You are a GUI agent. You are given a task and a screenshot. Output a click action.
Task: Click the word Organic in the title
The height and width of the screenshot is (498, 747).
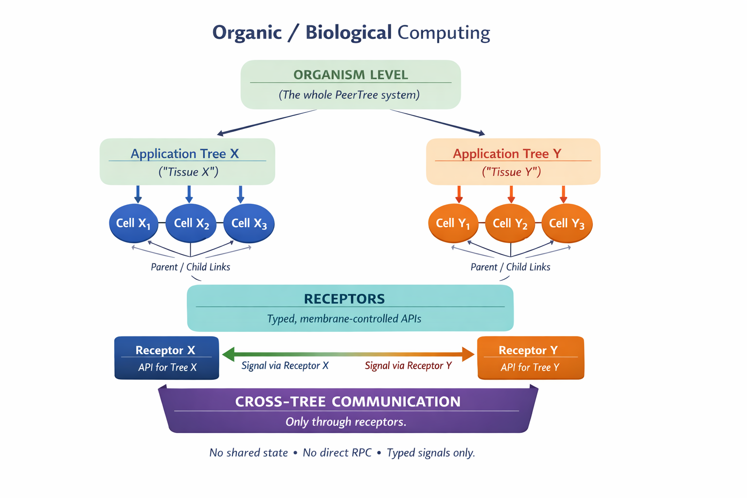pos(247,33)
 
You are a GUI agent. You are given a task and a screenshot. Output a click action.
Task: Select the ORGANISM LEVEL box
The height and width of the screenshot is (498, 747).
pos(350,84)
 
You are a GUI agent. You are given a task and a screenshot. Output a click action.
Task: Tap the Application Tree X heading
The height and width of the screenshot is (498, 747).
pos(185,154)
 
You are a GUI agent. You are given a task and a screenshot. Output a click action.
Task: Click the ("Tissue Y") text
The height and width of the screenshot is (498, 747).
pos(511,172)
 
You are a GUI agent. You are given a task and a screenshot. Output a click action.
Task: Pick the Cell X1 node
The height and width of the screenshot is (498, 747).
pos(133,223)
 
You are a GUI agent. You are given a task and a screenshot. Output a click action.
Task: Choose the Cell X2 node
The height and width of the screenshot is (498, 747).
pos(191,223)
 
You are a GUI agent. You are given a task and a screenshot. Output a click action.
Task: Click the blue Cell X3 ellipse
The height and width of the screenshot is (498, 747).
pos(249,223)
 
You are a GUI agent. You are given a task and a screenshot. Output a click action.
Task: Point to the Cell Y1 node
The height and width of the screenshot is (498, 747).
pos(453,223)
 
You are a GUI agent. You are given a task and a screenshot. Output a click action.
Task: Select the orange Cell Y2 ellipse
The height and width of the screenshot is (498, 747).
pos(510,223)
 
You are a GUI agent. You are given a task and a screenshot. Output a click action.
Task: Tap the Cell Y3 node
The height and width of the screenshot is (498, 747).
pos(567,223)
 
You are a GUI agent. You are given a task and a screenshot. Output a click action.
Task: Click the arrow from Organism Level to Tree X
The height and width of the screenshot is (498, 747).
pos(267,122)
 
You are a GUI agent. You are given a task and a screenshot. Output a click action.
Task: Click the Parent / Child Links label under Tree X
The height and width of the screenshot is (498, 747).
pos(190,267)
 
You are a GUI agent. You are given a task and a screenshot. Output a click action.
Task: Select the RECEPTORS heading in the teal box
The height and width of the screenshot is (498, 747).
pos(344,299)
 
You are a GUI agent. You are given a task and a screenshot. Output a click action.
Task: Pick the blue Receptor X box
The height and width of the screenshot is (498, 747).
pos(166,358)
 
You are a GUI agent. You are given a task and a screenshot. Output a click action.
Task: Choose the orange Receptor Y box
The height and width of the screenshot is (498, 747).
pos(530,358)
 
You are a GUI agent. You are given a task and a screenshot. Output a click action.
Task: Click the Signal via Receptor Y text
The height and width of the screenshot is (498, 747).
pos(408,366)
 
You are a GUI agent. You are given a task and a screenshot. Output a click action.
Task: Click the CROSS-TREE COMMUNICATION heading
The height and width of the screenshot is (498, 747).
pos(348,402)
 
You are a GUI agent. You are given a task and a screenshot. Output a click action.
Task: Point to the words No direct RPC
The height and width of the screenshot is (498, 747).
pos(337,453)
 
